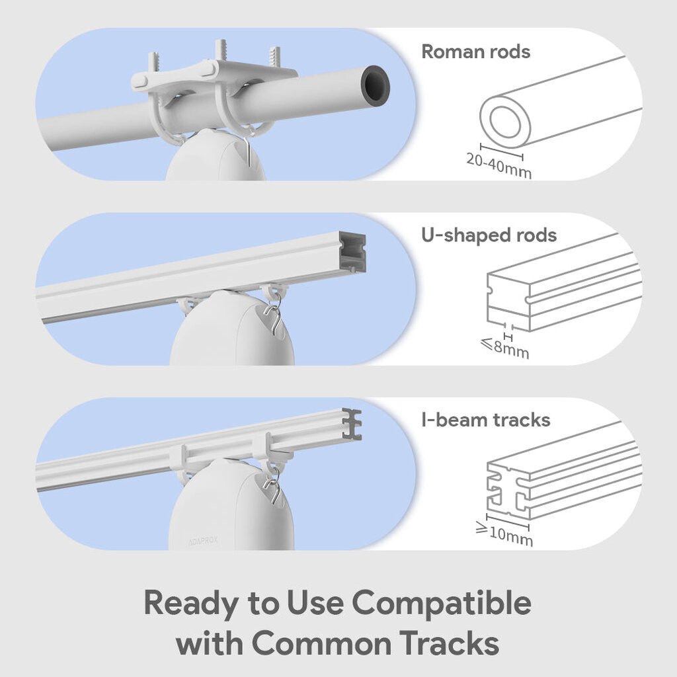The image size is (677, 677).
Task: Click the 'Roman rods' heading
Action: (475, 52)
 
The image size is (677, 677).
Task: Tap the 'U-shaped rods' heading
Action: (489, 236)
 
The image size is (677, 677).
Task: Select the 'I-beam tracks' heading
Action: (486, 420)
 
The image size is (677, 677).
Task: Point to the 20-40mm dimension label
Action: (499, 166)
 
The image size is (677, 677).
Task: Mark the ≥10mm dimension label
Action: (504, 534)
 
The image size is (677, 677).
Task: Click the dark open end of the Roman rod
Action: (376, 86)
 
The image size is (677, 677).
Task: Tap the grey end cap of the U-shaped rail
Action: (352, 252)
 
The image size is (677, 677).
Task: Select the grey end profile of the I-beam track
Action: (352, 424)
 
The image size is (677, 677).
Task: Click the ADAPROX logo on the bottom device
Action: (203, 541)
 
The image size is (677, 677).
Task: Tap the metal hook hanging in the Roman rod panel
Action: (247, 151)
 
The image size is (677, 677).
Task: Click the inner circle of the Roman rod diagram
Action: (505, 122)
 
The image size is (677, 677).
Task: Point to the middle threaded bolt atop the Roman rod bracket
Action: (221, 50)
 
